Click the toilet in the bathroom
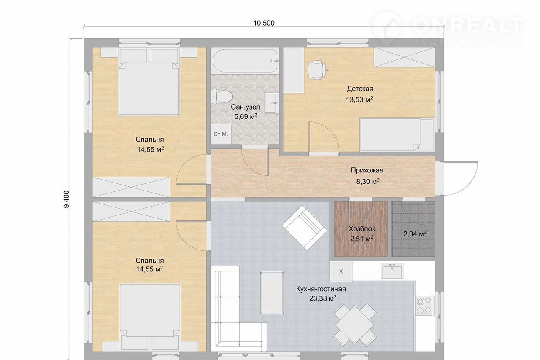tap(221, 97)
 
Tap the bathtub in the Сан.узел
tap(245, 61)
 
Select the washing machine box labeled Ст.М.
tap(221, 134)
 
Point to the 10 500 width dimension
tap(264, 23)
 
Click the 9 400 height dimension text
tap(66, 199)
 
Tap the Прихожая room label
tap(367, 170)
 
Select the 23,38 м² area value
tap(323, 298)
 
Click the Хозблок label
tap(362, 228)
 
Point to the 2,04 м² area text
tap(415, 234)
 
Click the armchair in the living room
tap(305, 228)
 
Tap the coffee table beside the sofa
tap(272, 293)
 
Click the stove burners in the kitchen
tap(424, 305)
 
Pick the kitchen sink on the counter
tap(392, 271)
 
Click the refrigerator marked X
tap(341, 271)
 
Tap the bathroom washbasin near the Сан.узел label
tap(271, 103)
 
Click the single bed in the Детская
tap(397, 134)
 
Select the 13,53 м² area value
tap(359, 99)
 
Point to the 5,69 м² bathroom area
tap(246, 117)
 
